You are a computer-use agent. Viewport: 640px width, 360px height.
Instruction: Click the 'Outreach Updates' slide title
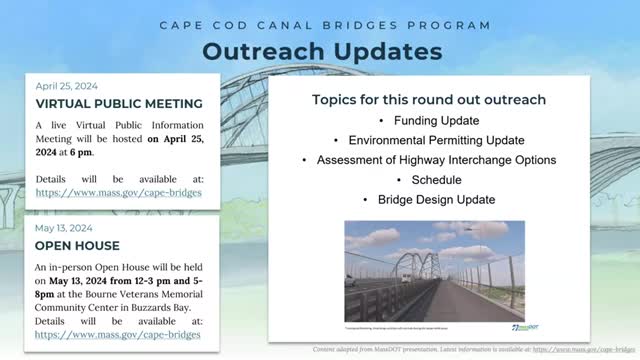(x=319, y=50)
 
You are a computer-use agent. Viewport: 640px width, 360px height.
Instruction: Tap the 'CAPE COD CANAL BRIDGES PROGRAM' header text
(x=319, y=23)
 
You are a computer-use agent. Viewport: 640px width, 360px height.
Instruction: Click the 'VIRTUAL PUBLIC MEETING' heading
(x=119, y=104)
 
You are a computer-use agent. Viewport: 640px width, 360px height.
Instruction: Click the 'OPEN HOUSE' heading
(x=78, y=245)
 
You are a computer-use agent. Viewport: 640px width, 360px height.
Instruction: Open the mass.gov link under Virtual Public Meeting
(x=118, y=191)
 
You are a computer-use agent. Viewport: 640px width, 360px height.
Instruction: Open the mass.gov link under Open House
(x=118, y=335)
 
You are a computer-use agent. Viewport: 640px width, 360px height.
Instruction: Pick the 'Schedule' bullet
(x=434, y=180)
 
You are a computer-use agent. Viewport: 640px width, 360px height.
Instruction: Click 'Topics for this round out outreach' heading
(x=428, y=100)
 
